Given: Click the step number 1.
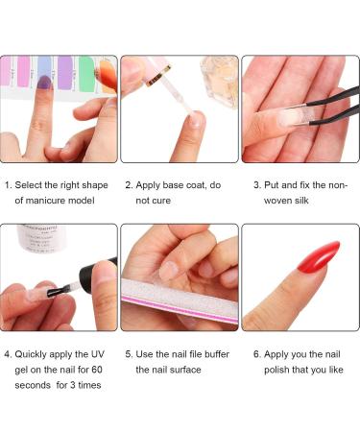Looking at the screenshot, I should point(8,184).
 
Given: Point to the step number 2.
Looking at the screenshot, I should point(129,184).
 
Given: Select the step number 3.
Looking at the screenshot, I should point(256,184).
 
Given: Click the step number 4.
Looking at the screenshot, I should point(8,353).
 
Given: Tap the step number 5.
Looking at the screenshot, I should point(129,353).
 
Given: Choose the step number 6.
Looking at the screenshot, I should point(256,353).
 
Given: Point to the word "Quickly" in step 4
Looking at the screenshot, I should point(34,353).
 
